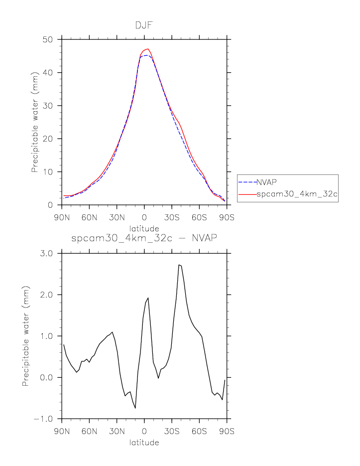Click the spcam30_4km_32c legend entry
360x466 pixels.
point(297,195)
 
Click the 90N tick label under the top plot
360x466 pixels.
point(62,218)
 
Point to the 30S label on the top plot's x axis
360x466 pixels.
point(172,218)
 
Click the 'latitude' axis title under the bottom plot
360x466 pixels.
point(144,442)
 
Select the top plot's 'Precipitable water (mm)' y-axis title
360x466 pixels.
point(34,122)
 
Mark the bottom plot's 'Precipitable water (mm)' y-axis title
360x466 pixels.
point(25,336)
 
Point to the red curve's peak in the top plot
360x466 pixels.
point(148,49)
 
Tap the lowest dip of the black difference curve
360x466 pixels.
point(135,408)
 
